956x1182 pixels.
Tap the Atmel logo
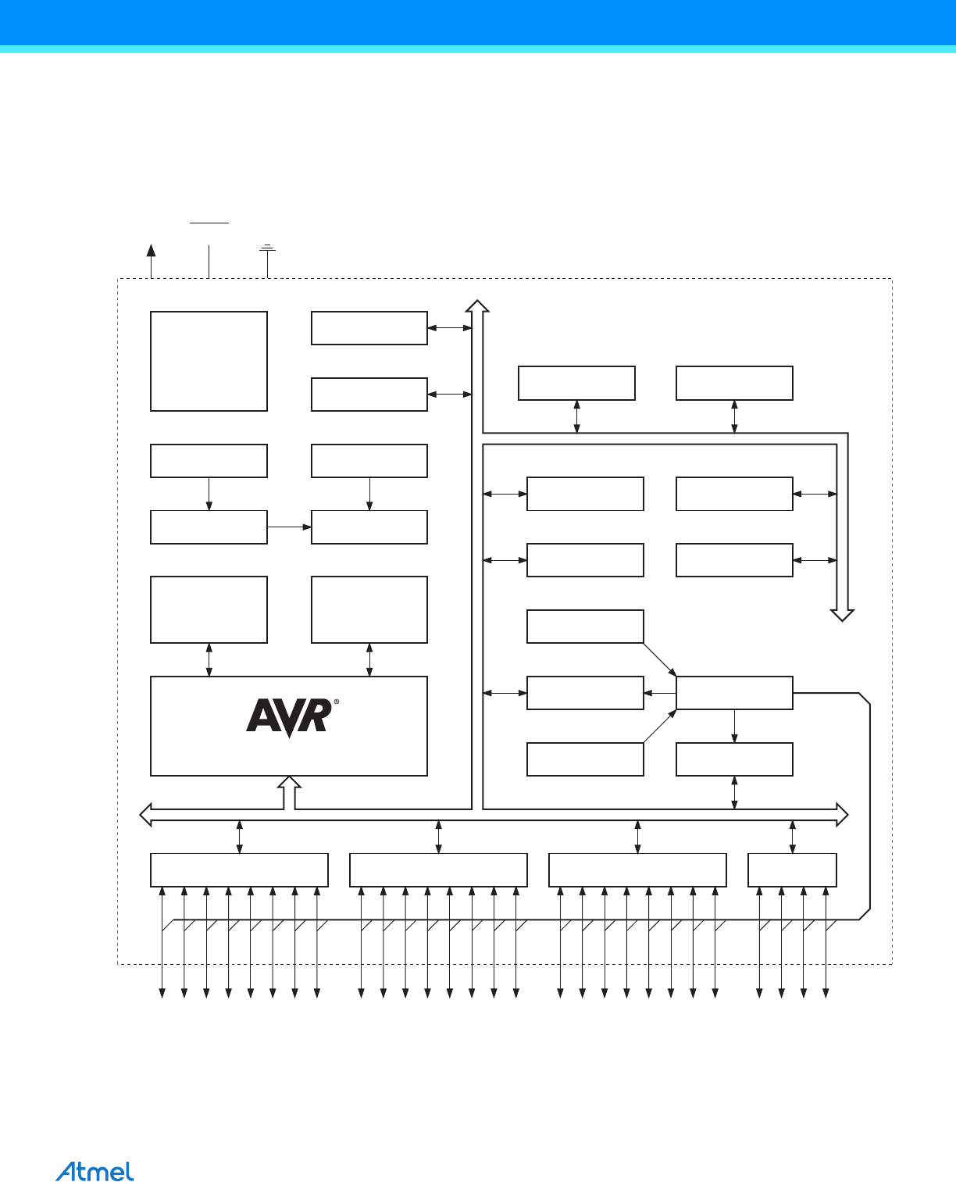pos(95,1171)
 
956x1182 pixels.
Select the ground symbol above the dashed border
pos(268,248)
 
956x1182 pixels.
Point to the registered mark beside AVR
pos(336,702)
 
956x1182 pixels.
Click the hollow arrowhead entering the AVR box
pos(290,783)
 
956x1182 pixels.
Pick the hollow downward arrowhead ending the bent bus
pos(842,614)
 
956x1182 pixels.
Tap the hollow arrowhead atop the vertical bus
pos(477,305)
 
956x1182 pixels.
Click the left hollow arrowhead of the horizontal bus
pos(145,815)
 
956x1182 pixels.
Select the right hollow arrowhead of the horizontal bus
pos(842,815)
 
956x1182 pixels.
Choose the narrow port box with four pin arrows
pos(792,870)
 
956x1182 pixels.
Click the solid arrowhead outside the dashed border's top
pos(151,249)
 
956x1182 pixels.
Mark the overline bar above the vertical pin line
pos(209,223)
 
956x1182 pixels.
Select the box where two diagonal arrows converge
pos(734,693)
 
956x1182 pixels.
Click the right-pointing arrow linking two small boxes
pos(290,527)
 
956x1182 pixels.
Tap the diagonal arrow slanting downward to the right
pos(660,659)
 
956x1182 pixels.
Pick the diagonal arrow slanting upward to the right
pos(660,726)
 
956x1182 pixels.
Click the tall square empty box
pos(209,361)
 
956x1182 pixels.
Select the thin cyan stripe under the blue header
pos(478,49)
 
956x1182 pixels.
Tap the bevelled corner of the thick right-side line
pos(864,698)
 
